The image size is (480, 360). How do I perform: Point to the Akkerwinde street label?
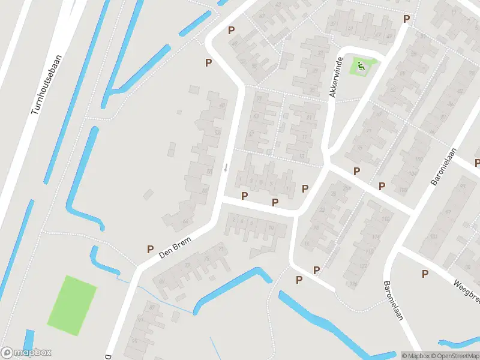point(335,77)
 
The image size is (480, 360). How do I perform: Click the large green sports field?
point(71,305)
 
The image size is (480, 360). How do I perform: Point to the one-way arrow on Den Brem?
point(226,167)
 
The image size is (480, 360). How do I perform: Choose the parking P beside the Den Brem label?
point(150,249)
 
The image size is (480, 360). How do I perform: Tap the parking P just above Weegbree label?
point(425,274)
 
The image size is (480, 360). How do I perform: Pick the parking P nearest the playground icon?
point(406,19)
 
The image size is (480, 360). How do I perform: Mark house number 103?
point(433,236)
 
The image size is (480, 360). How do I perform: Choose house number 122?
point(363,265)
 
